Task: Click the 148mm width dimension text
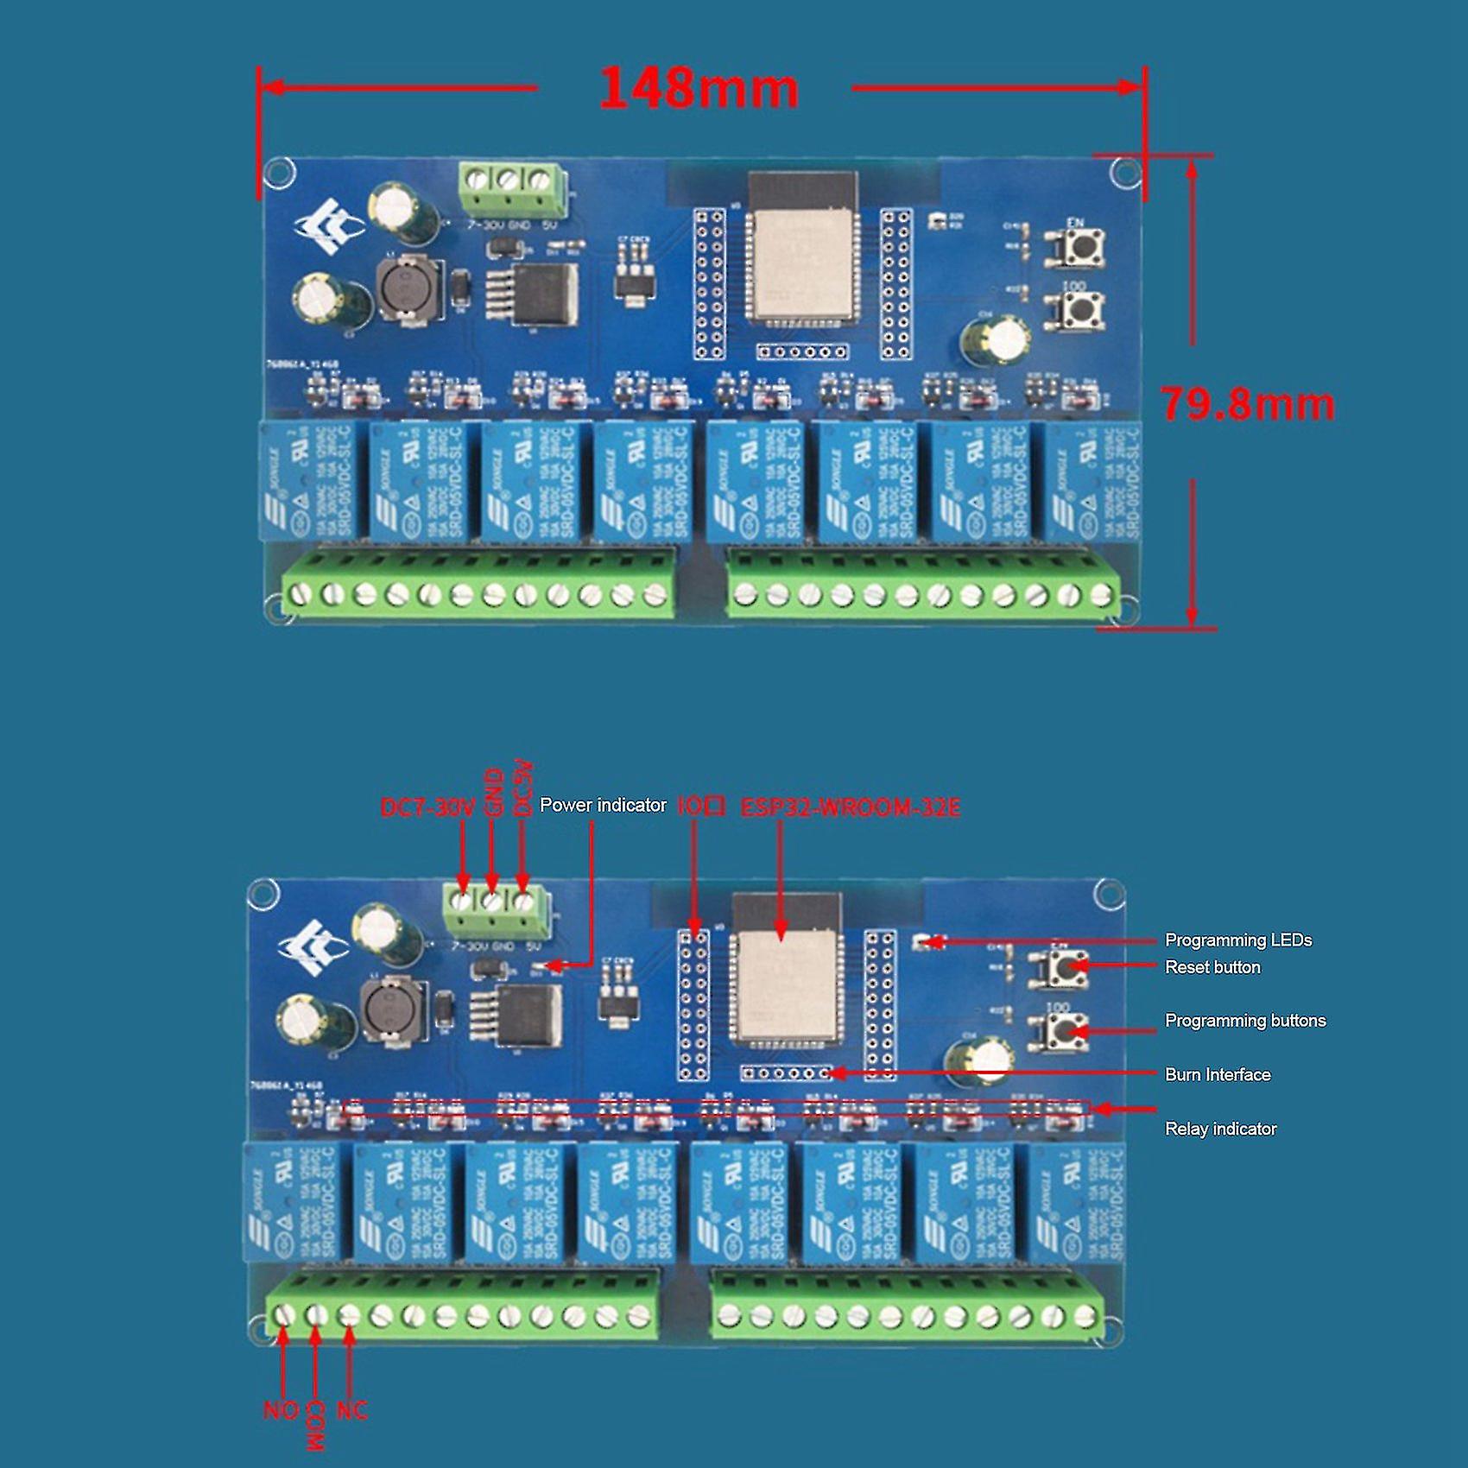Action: (x=698, y=88)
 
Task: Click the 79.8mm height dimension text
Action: (x=1248, y=404)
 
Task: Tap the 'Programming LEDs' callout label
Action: (x=1237, y=940)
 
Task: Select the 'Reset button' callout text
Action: (x=1212, y=967)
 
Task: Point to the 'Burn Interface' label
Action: (x=1217, y=1075)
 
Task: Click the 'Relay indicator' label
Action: (x=1219, y=1129)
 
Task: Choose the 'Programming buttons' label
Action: (x=1244, y=1021)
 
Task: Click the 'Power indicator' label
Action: (x=603, y=805)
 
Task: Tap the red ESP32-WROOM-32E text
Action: (x=850, y=808)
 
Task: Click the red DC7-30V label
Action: (x=427, y=808)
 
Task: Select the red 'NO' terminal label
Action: (x=280, y=1410)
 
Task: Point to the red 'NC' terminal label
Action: (x=351, y=1410)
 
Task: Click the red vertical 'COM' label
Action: (x=316, y=1425)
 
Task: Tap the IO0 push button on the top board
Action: (x=1076, y=308)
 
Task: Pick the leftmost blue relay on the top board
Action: (x=309, y=480)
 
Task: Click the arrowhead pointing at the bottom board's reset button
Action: (x=1078, y=967)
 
